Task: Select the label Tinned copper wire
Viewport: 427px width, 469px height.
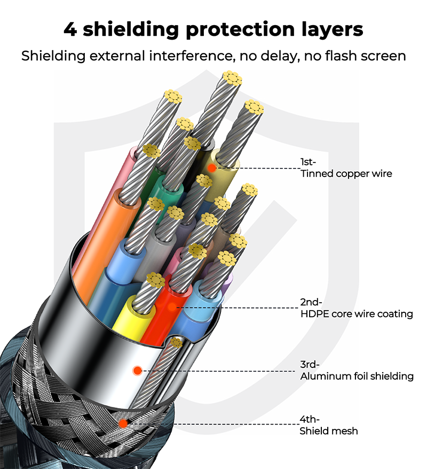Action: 346,173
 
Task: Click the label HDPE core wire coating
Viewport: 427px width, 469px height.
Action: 357,313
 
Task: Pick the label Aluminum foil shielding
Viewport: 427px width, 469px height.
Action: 357,376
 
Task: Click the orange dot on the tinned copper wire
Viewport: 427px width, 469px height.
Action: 212,168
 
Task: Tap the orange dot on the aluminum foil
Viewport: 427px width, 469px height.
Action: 137,370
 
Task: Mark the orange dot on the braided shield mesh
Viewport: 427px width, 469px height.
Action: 123,424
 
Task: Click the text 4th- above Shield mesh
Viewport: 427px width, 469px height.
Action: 309,420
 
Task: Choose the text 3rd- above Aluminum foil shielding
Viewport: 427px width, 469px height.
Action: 310,365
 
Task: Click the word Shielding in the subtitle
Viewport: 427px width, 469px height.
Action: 52,56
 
